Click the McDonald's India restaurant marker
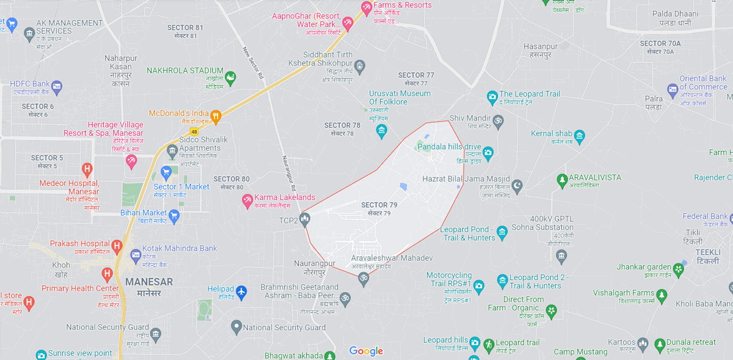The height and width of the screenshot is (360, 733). tap(215, 116)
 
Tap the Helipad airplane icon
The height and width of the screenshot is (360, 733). tap(241, 292)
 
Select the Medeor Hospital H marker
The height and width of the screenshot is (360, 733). tap(87, 168)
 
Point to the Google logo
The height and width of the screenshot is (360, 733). tap(366, 351)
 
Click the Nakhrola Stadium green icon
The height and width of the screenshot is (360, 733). tap(230, 78)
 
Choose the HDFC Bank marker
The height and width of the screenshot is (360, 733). tap(57, 86)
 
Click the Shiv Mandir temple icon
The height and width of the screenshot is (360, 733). tap(498, 121)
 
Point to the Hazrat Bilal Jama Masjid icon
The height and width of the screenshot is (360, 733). tap(517, 185)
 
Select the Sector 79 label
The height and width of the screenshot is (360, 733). tap(379, 208)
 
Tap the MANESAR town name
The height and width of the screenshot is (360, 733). tap(149, 282)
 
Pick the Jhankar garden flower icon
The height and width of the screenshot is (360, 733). tap(678, 268)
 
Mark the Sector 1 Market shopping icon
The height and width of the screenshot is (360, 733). tap(166, 173)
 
